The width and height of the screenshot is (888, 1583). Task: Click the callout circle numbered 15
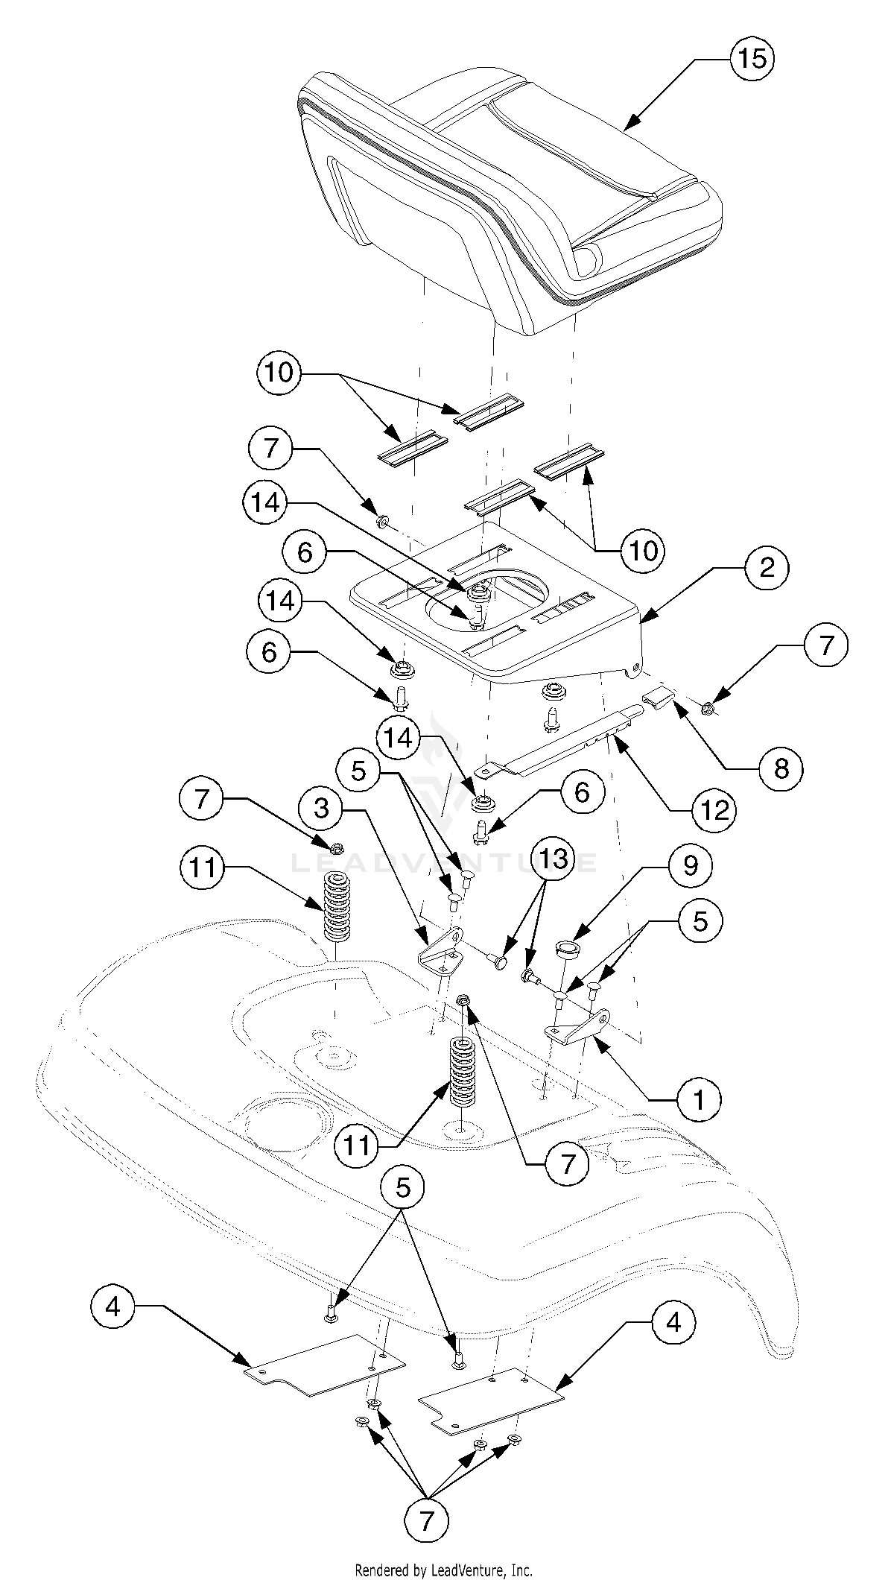(752, 58)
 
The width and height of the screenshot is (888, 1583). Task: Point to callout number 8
(780, 768)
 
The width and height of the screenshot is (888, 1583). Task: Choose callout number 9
(691, 866)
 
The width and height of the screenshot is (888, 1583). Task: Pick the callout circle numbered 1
(699, 1099)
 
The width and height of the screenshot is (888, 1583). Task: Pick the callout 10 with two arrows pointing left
(279, 373)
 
